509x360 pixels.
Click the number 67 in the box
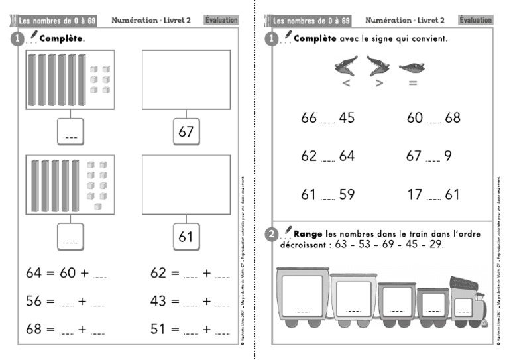tap(186, 131)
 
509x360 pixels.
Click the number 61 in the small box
tap(186, 236)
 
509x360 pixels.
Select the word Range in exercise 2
tap(308, 233)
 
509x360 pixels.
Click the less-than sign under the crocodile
tap(345, 83)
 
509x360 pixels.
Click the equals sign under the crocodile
tap(412, 83)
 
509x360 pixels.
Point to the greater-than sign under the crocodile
tap(379, 83)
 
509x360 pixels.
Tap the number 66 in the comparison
tap(309, 118)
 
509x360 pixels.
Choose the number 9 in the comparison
tap(449, 156)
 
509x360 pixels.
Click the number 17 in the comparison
tap(414, 195)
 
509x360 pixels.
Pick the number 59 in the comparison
tap(347, 195)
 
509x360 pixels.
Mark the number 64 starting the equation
tap(34, 272)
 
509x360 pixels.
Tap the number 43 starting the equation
tap(158, 301)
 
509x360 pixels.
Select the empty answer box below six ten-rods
tap(70, 131)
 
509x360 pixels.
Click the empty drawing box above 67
tap(186, 80)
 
